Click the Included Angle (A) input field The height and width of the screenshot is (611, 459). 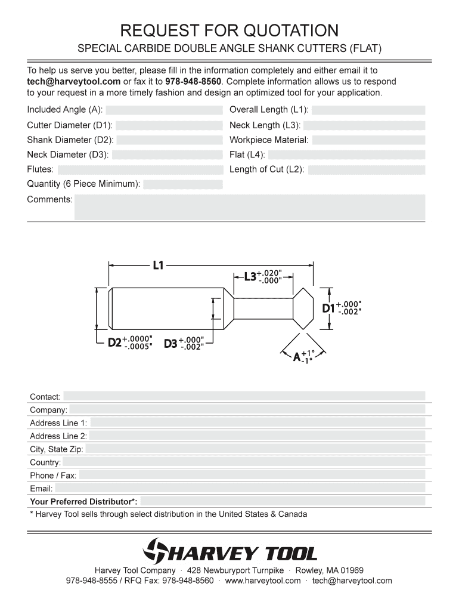tap(164, 110)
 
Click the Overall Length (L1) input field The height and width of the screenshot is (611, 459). tap(368, 110)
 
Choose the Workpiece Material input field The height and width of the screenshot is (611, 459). tap(368, 140)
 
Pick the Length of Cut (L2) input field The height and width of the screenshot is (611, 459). tap(366, 170)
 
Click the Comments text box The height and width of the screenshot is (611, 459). tap(249, 208)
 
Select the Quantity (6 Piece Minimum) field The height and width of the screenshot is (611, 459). tap(182, 184)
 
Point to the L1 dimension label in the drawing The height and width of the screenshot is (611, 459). tap(158, 265)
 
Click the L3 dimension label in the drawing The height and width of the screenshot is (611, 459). tap(250, 277)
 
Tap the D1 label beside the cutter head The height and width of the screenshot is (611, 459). tap(329, 308)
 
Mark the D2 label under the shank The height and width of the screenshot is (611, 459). tap(114, 343)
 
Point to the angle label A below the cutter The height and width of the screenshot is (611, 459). tap(296, 357)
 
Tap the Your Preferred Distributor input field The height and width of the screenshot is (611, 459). tap(283, 501)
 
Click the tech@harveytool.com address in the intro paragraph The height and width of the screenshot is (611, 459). tap(73, 81)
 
